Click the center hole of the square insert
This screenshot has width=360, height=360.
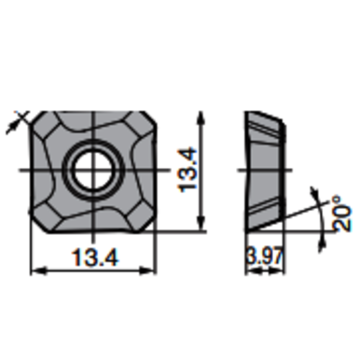(91, 170)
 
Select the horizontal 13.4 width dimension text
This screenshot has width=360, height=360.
(90, 256)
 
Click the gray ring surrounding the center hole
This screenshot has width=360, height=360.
(76, 170)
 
